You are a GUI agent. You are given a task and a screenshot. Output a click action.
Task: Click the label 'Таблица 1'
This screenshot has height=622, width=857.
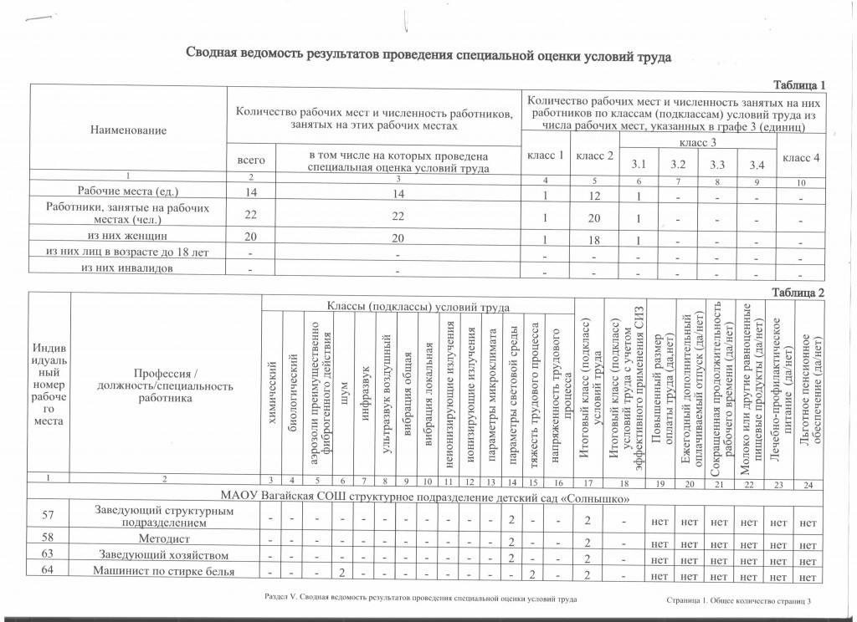(799, 85)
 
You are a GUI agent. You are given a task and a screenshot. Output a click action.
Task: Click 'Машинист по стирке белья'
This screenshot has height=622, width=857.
(164, 574)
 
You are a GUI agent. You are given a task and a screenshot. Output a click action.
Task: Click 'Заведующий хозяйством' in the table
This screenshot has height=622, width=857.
(164, 558)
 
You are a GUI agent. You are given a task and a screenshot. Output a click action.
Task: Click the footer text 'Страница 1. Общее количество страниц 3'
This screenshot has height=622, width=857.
(739, 601)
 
